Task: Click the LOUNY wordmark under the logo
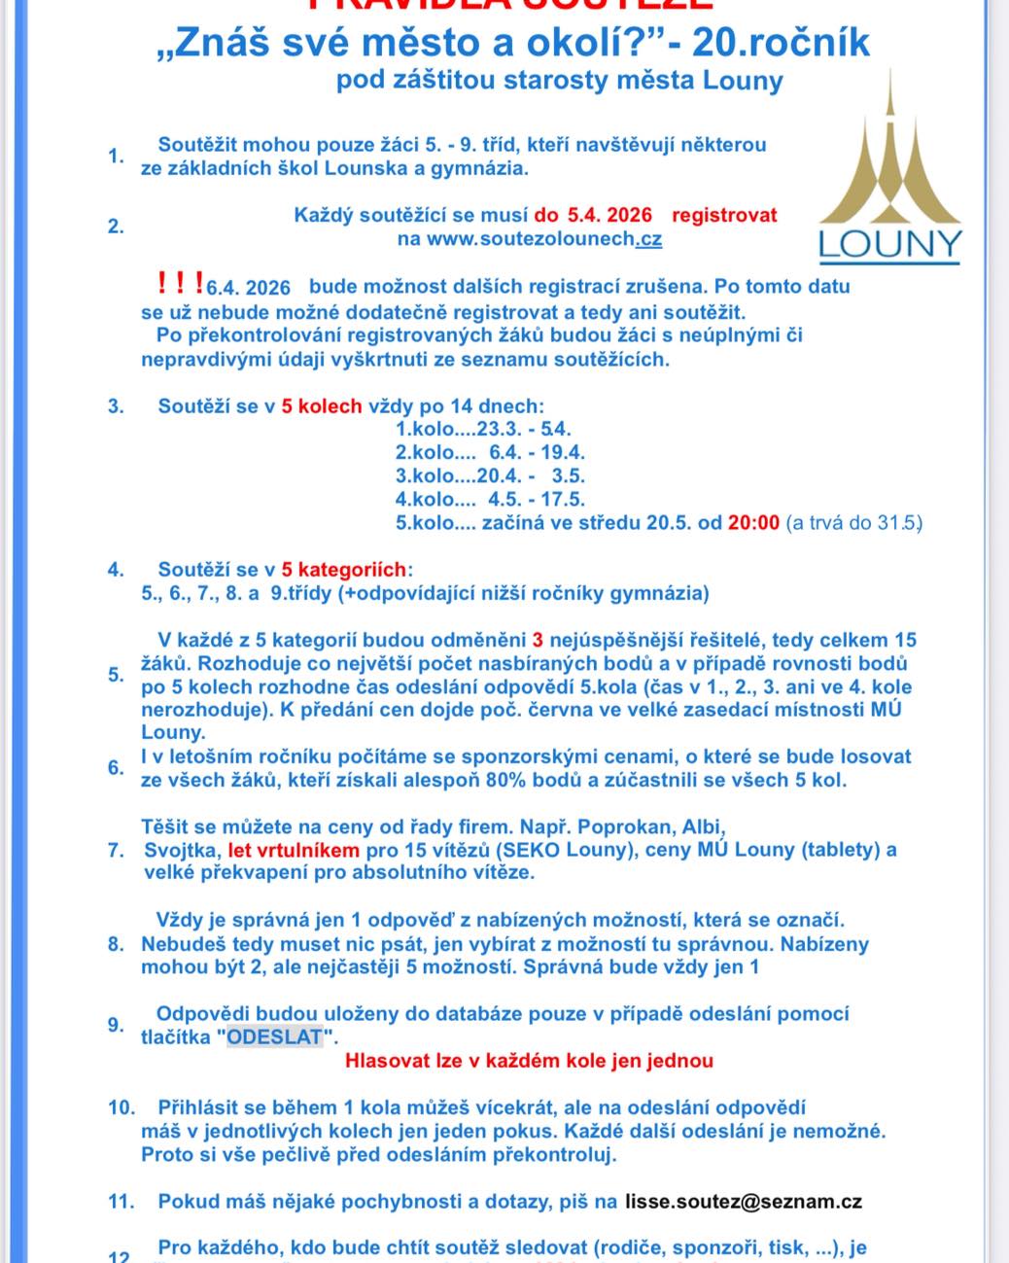(x=889, y=245)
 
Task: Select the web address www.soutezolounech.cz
(x=530, y=238)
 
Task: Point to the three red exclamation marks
(x=180, y=284)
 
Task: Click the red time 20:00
(x=754, y=523)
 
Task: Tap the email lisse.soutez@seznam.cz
(x=744, y=1202)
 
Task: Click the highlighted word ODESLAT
(x=274, y=1037)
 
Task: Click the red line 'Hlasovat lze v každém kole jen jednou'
(x=529, y=1061)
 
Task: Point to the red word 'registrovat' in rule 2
(x=724, y=215)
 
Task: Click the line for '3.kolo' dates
(x=490, y=476)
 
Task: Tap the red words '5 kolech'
(x=322, y=406)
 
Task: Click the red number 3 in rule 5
(x=538, y=641)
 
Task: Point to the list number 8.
(x=116, y=944)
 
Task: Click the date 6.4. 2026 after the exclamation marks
(x=248, y=288)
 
